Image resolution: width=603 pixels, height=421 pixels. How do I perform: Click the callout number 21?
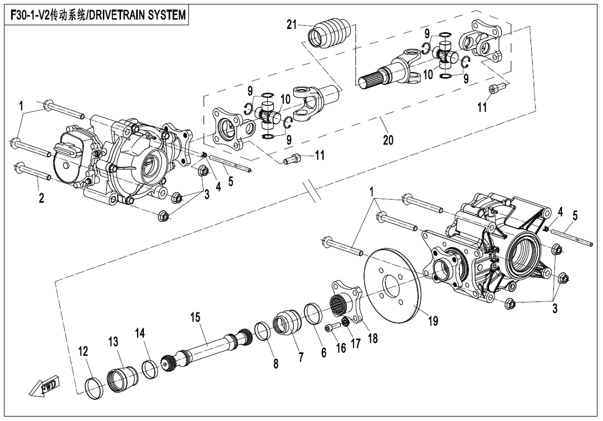coord(292,24)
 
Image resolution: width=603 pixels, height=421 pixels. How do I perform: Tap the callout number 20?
coord(388,140)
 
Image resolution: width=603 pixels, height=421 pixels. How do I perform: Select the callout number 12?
coord(83,351)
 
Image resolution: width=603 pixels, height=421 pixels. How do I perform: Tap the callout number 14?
coord(140,332)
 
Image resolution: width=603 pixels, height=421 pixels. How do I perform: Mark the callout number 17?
coord(356,343)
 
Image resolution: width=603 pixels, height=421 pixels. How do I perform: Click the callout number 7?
coord(301,357)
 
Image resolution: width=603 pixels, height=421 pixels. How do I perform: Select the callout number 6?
coord(324,352)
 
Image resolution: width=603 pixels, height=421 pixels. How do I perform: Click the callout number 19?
coord(433,320)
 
